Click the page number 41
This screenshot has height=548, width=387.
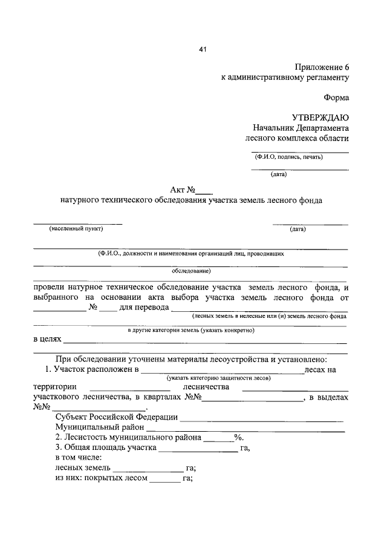click(203, 50)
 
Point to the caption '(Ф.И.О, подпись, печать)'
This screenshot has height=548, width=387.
click(288, 157)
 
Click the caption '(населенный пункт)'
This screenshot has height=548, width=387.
click(76, 229)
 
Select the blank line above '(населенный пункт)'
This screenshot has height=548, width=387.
click(77, 223)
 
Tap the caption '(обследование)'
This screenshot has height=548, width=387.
click(190, 271)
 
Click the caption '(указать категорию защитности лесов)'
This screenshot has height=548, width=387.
click(220, 377)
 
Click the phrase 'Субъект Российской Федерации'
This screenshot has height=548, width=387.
click(116, 417)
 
